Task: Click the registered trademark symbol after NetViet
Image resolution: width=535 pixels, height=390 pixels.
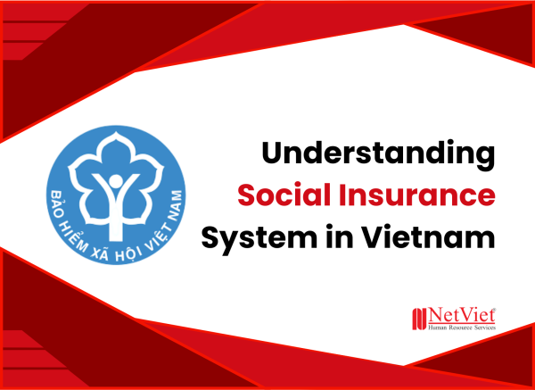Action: pos(497,309)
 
